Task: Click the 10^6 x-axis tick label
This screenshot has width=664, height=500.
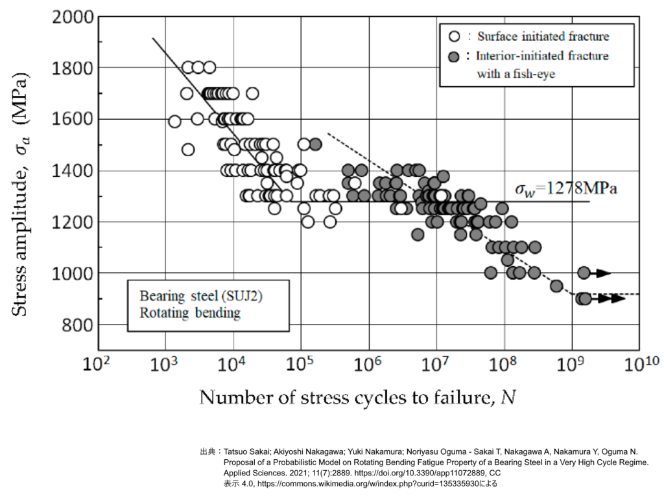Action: [x=368, y=365]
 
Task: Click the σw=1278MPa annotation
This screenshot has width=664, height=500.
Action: [x=565, y=189]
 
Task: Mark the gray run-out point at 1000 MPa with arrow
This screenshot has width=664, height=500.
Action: [x=584, y=273]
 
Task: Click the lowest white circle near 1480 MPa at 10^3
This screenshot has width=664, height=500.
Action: [x=188, y=150]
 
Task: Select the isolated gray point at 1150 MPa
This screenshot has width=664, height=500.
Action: [x=418, y=234]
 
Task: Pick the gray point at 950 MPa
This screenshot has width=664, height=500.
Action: [x=556, y=286]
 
